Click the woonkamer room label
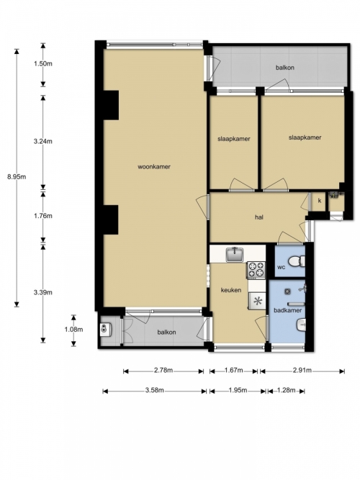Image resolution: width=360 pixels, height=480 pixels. click(154, 167)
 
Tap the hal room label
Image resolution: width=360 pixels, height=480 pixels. click(259, 217)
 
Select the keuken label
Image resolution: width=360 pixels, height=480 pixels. click(231, 290)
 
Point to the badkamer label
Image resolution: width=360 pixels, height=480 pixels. click(288, 310)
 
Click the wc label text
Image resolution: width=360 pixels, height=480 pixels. click(282, 267)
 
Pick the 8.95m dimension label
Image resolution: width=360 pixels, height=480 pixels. click(17, 176)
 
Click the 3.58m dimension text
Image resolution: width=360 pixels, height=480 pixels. click(154, 390)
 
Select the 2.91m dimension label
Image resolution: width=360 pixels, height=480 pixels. click(302, 371)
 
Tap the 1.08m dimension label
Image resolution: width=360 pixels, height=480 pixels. click(73, 330)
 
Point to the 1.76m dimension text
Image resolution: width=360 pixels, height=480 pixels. click(43, 216)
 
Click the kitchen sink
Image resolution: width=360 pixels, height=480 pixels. click(235, 255)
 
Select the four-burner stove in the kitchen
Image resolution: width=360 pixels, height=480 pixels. click(256, 270)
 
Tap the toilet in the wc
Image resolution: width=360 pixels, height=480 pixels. click(297, 261)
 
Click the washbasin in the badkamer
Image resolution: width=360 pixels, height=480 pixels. click(301, 325)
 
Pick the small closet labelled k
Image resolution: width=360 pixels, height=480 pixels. click(319, 201)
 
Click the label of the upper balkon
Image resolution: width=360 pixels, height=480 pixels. click(285, 68)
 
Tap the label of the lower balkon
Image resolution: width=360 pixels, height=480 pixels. click(166, 332)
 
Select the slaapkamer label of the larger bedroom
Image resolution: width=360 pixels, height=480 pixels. click(305, 137)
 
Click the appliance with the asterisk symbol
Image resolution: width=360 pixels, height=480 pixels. click(257, 301)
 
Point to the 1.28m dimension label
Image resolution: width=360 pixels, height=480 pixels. click(286, 390)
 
